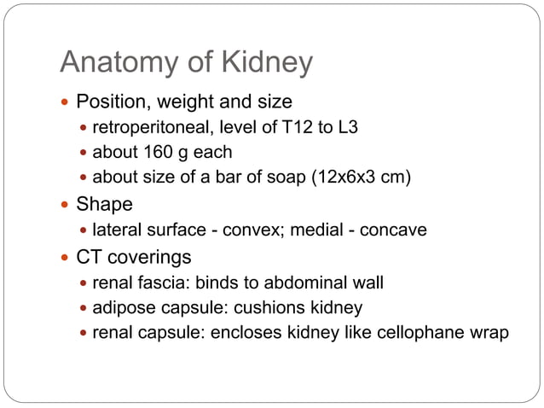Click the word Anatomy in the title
click(115, 63)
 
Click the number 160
click(150, 154)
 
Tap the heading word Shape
click(105, 205)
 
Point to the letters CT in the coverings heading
click(90, 256)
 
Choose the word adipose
click(121, 306)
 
